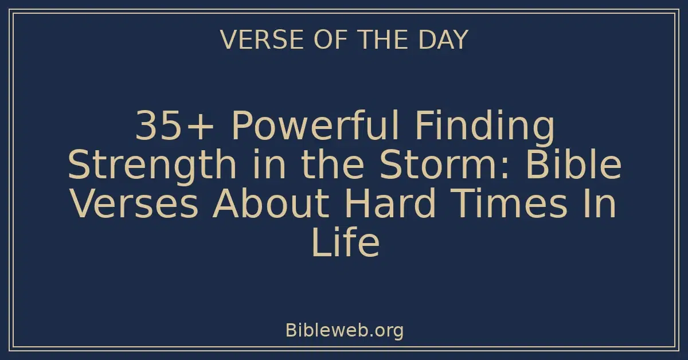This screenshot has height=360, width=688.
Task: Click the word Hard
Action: click(x=389, y=204)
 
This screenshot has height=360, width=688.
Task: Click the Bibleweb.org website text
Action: click(x=344, y=330)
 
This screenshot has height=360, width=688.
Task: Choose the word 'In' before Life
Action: click(x=602, y=204)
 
